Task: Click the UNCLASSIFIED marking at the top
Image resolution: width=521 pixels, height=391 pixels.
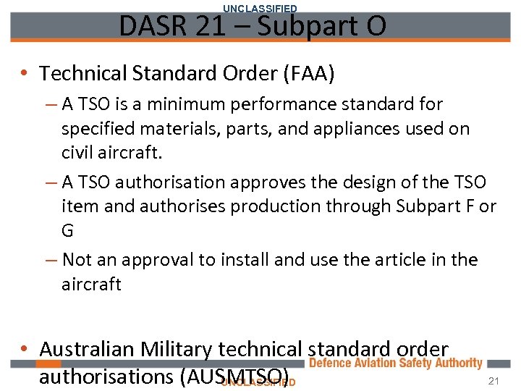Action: coord(260,8)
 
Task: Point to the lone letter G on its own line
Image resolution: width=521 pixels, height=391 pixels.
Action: coord(68,231)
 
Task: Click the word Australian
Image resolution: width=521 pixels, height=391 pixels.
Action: coord(88,349)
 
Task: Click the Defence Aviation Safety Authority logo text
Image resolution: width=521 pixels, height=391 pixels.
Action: coord(395,363)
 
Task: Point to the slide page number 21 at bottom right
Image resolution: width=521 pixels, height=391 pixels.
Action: coord(494,382)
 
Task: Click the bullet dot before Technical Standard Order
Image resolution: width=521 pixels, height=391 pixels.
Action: coord(25,73)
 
